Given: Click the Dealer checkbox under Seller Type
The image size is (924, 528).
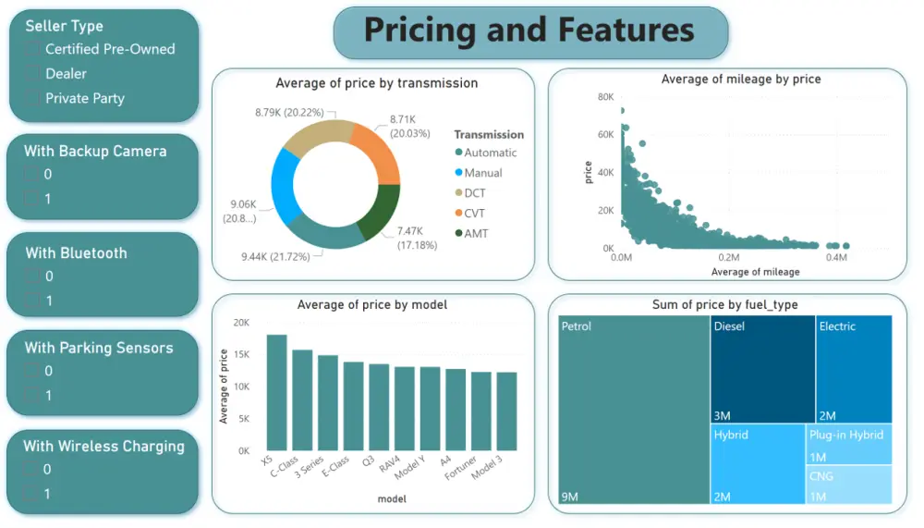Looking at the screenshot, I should (x=33, y=74).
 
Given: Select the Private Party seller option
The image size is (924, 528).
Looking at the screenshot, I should (x=33, y=99).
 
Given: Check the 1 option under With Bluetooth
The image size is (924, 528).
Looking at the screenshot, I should (x=32, y=301).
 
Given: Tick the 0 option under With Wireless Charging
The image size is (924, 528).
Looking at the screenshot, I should (x=32, y=470).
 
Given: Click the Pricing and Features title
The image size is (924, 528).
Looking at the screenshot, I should (x=529, y=31).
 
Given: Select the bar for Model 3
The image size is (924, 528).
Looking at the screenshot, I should (x=506, y=411).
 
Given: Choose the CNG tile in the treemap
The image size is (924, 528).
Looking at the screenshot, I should (x=849, y=485).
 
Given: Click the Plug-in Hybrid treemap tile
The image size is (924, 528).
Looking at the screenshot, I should (x=849, y=444).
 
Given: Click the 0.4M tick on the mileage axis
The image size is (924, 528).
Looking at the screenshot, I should (x=837, y=258).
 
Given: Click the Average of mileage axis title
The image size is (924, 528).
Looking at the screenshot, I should (x=754, y=272).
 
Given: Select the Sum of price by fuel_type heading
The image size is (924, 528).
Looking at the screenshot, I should (x=725, y=304).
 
